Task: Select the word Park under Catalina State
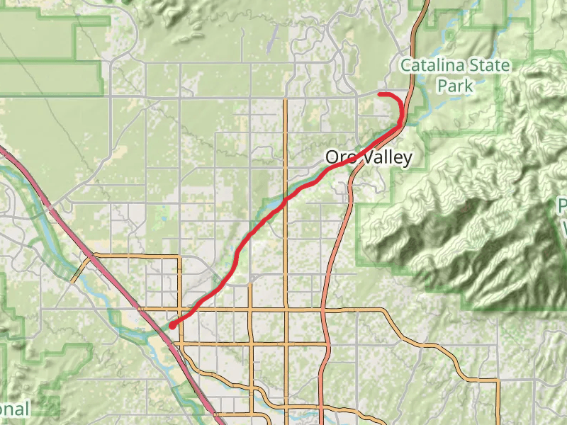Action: click(x=454, y=85)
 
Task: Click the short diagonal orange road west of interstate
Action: click(x=82, y=269)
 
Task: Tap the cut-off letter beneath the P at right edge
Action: click(x=564, y=228)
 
